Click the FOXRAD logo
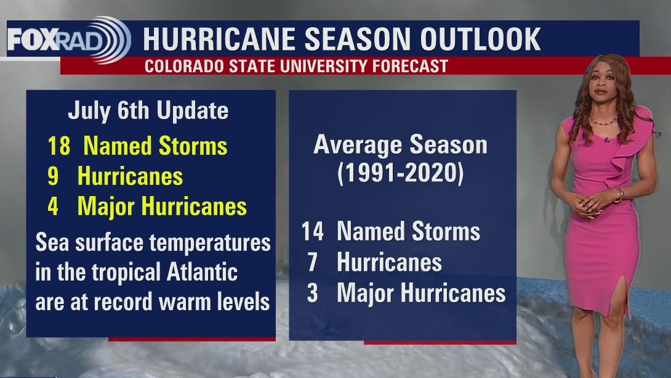(x=68, y=39)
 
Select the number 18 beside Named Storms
(x=58, y=146)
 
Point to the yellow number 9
(x=53, y=176)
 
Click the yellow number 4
(x=53, y=207)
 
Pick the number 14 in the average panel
(x=313, y=232)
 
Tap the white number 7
(x=313, y=263)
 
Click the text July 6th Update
(x=148, y=111)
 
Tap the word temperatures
(x=210, y=242)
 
